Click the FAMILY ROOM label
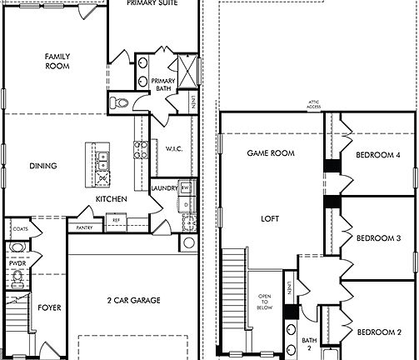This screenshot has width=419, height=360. pyautogui.click(x=57, y=61)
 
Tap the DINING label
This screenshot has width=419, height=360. pyautogui.click(x=43, y=166)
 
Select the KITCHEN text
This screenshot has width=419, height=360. pyautogui.click(x=111, y=199)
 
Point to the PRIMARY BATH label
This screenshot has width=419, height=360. pyautogui.click(x=162, y=84)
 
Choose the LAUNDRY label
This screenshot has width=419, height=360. pyautogui.click(x=163, y=188)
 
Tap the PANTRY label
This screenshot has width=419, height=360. pyautogui.click(x=84, y=227)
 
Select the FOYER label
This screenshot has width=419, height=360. pyautogui.click(x=49, y=307)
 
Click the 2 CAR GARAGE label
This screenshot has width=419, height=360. pyautogui.click(x=133, y=300)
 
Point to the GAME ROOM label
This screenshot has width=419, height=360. pyautogui.click(x=272, y=153)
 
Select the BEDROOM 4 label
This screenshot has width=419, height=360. pyautogui.click(x=379, y=156)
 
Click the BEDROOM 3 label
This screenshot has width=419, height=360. pyautogui.click(x=379, y=238)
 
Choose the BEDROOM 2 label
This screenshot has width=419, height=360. pyautogui.click(x=379, y=332)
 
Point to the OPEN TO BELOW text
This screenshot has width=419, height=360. pyautogui.click(x=265, y=301)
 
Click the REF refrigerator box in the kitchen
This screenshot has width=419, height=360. pyautogui.click(x=116, y=221)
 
